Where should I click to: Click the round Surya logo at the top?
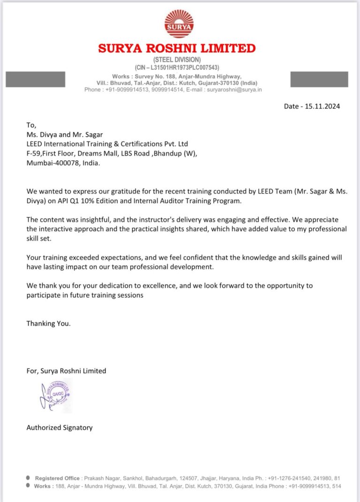pos(179,23)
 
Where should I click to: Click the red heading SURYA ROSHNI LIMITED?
pos(177,48)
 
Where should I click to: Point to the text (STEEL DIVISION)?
pos(177,59)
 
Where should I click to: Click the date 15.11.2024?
pos(322,106)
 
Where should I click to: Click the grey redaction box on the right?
pos(319,79)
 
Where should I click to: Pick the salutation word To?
pos(31,125)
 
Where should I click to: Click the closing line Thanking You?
pos(48,323)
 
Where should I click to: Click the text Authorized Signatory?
pos(60,427)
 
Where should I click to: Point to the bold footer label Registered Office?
pos(57,478)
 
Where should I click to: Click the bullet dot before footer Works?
pos(28,486)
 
